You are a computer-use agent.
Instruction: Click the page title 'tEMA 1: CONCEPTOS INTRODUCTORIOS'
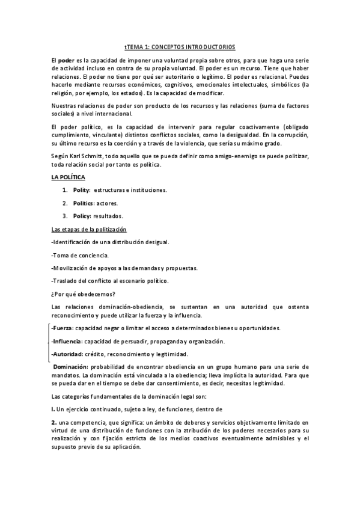coord(180,46)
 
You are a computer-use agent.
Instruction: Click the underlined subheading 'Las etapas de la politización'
coord(89,229)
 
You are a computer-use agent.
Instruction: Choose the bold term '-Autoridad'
coord(67,354)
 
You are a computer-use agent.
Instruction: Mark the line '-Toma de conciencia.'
coord(81,255)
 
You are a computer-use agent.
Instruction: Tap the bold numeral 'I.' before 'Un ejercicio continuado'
coord(53,408)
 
